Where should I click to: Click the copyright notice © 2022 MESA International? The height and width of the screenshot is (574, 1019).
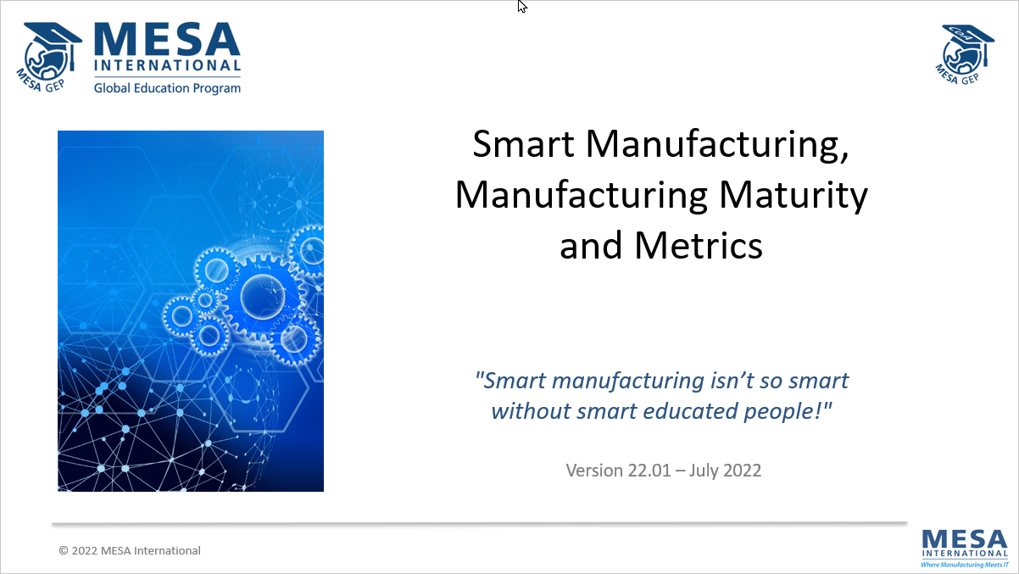click(130, 550)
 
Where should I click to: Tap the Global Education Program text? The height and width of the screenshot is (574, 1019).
click(167, 87)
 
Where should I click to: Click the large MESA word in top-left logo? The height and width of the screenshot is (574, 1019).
click(168, 38)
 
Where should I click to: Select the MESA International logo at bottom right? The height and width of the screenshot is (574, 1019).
click(964, 543)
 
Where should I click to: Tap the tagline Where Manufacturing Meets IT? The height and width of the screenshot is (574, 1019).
click(964, 564)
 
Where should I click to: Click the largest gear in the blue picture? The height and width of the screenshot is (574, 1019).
click(262, 296)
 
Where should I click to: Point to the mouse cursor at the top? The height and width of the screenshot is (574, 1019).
click(521, 6)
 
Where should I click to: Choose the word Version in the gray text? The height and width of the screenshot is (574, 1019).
click(593, 470)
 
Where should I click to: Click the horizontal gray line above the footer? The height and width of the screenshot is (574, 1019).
click(479, 524)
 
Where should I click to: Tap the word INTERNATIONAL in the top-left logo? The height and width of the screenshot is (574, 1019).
click(167, 65)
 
